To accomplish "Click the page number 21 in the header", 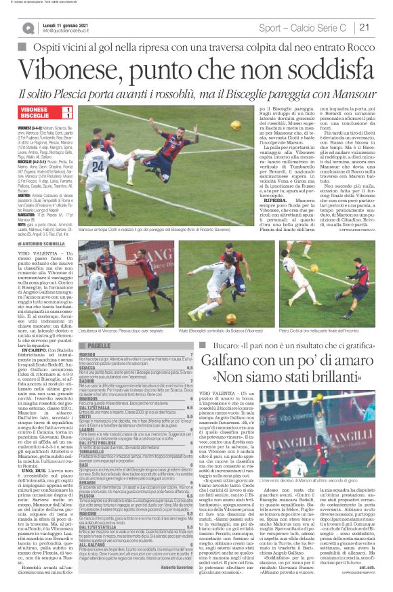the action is (x=381, y=27).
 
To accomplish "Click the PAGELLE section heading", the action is (x=99, y=345).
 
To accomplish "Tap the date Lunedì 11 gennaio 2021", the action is (x=67, y=24).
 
